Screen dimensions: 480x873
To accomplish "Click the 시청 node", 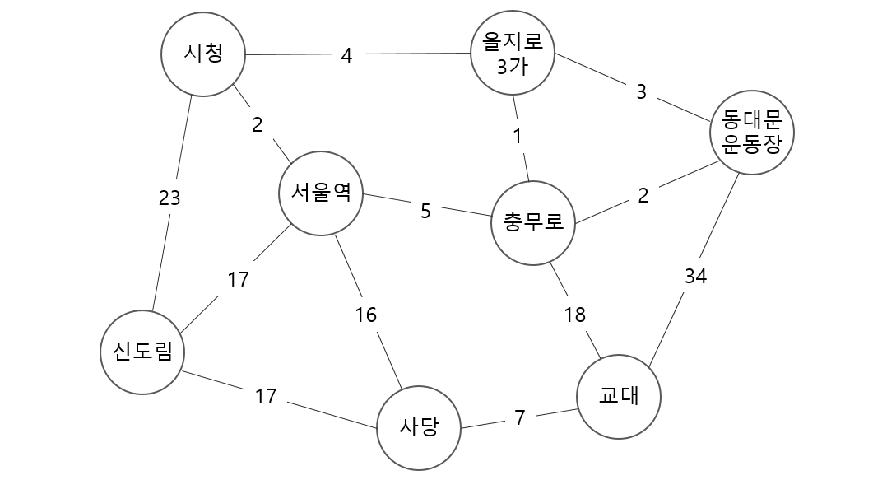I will [202, 55].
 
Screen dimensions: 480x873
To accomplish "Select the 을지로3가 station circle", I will [513, 56].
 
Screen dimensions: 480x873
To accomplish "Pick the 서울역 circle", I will [321, 193].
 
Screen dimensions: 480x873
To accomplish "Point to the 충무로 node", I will [532, 222].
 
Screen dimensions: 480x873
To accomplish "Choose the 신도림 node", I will [142, 353].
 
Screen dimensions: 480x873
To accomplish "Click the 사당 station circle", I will [418, 427].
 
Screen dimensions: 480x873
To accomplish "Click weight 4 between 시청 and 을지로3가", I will [346, 56].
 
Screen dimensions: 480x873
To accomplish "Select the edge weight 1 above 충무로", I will [518, 137].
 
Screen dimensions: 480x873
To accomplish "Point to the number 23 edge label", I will [169, 198].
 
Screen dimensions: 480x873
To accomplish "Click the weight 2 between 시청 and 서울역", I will [258, 125].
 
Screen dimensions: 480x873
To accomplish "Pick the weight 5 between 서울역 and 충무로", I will [425, 211].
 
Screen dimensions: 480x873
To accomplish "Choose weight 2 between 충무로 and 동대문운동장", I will [643, 195].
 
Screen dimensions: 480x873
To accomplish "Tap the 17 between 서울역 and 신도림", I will [238, 280].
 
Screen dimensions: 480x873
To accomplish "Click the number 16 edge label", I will [365, 315].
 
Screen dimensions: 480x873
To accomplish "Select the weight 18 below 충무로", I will [574, 315].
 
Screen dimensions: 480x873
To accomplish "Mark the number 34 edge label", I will [695, 277].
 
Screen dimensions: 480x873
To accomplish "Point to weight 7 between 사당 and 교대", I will [519, 417].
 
